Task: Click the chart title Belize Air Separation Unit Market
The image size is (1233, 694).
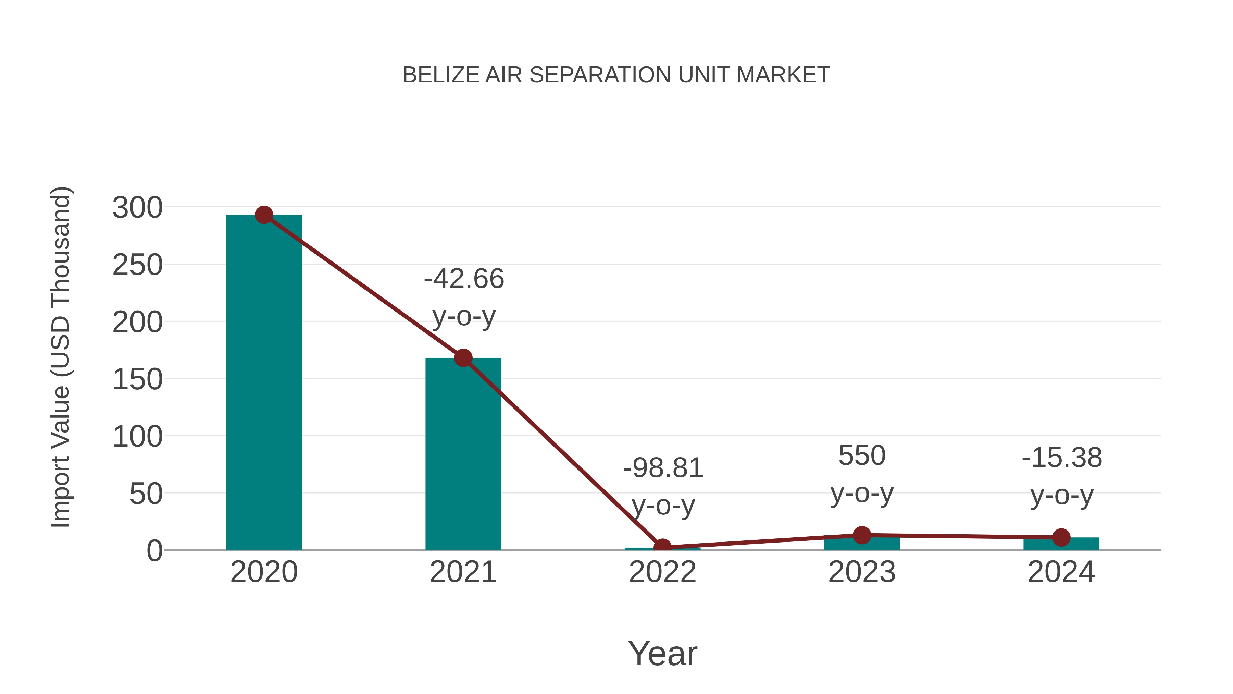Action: click(616, 75)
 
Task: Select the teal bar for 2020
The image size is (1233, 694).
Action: click(264, 383)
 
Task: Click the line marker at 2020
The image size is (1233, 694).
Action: click(264, 215)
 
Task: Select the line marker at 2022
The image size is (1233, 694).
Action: click(662, 547)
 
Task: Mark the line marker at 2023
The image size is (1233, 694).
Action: click(862, 535)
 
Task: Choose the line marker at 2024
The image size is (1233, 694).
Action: click(1061, 537)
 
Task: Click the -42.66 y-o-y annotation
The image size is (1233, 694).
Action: click(463, 297)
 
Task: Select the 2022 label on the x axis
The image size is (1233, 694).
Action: click(662, 572)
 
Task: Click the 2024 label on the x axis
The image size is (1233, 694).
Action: click(1061, 572)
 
